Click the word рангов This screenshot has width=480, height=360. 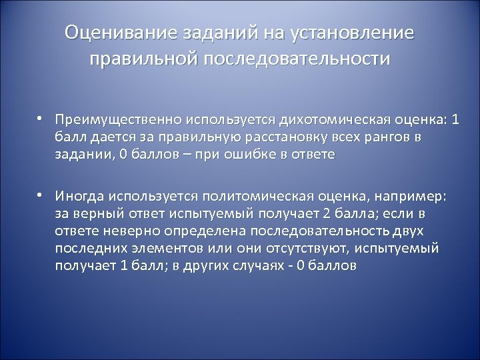tap(385, 137)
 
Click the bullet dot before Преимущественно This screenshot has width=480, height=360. tap(40, 119)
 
